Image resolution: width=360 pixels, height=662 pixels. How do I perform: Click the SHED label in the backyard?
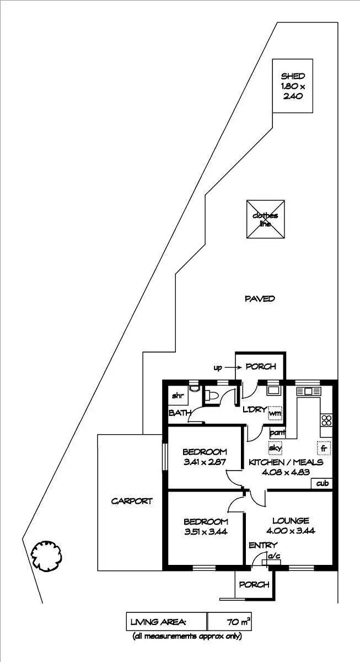293,76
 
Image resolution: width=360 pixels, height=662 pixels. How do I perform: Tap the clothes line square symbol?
266,219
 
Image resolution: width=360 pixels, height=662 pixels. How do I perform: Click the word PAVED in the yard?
259,298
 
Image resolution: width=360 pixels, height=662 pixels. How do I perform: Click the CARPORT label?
131,501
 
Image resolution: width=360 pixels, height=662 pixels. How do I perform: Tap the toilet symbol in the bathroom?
211,394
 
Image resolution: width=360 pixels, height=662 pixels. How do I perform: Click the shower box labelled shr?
178,395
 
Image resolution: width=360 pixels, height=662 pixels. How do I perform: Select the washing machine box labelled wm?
275,413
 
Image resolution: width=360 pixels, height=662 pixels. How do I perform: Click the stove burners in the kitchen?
326,420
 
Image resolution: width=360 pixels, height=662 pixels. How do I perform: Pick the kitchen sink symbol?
308,391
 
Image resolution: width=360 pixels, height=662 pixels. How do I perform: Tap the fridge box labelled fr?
324,448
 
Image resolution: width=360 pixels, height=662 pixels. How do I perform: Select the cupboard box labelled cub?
323,483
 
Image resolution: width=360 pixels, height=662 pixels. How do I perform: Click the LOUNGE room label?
291,520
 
